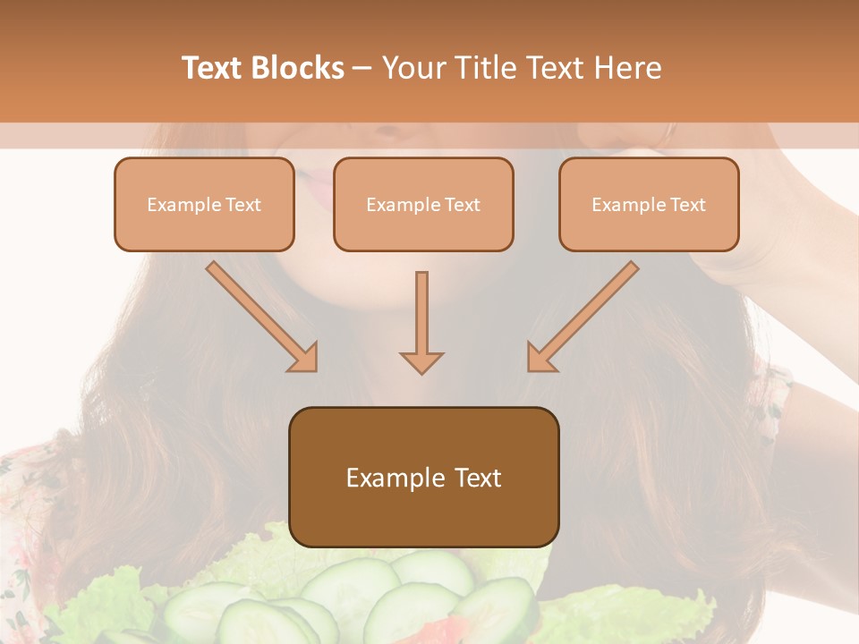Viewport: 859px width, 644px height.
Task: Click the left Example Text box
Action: point(204,205)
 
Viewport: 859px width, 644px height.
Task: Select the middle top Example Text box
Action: point(423,205)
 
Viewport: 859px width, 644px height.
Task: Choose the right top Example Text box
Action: point(649,205)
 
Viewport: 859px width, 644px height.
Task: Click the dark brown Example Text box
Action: point(423,477)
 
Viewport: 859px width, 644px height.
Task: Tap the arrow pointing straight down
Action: point(421,322)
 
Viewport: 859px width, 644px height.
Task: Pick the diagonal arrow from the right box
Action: point(583,317)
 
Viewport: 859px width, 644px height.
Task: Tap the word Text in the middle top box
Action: point(462,205)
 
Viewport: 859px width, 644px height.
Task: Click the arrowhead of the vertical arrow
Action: point(421,361)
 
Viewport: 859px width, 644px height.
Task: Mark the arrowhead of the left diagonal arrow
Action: point(304,358)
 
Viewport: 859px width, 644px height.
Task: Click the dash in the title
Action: point(362,68)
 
